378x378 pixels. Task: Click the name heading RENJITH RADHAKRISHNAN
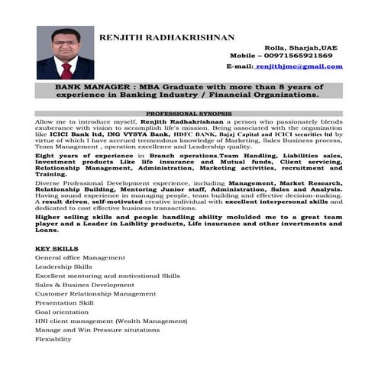(166, 37)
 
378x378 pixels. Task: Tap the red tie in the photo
(66, 71)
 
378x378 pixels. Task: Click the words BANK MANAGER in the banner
(88, 88)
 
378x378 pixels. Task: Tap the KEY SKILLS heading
(56, 249)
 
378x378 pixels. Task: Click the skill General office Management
(80, 258)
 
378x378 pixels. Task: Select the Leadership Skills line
(63, 267)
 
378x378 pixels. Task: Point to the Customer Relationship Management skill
(95, 294)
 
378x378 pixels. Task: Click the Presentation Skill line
(65, 303)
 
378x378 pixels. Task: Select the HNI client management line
(111, 321)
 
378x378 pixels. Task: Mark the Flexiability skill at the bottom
(53, 339)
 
